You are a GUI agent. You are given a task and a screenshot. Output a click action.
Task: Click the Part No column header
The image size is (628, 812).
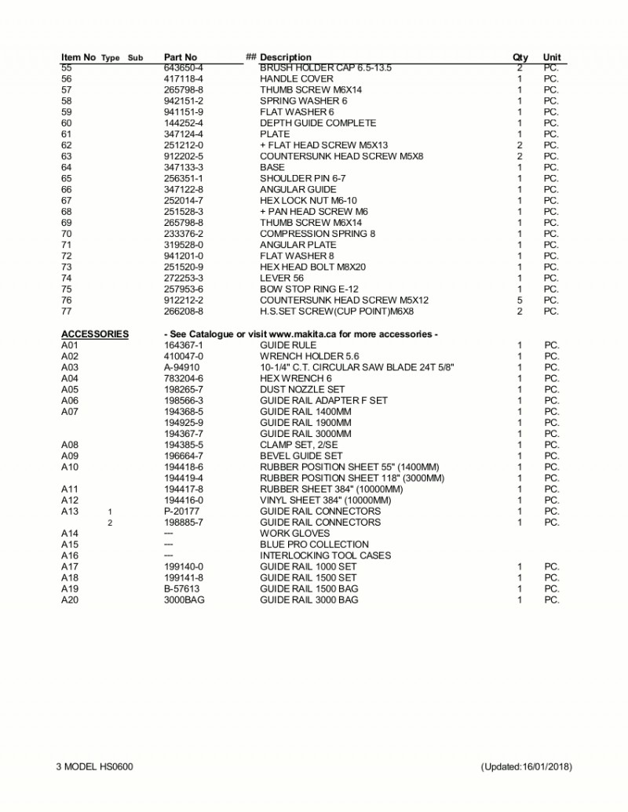tap(181, 57)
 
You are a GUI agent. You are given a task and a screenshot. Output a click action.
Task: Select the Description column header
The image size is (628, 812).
tap(285, 57)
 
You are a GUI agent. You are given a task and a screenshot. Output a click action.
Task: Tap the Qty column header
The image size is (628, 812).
tap(520, 57)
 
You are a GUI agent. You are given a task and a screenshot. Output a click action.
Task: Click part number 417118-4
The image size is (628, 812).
tap(184, 79)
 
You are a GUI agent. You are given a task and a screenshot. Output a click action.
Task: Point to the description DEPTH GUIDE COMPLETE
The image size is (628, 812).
tap(318, 123)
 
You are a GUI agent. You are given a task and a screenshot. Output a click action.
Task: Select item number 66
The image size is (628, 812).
tap(67, 190)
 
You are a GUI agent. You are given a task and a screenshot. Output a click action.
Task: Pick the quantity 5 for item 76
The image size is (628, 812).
tap(520, 300)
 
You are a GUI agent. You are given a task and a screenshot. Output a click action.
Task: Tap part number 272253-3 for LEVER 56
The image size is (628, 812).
tap(184, 279)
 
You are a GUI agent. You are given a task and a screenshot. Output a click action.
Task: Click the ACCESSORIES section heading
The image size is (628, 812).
tap(95, 334)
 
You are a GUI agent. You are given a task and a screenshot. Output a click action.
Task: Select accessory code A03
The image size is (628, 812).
tap(70, 367)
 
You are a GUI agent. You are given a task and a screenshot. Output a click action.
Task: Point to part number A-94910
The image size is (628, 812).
tap(181, 367)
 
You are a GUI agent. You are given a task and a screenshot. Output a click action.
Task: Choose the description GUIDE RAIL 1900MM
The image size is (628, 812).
tap(305, 423)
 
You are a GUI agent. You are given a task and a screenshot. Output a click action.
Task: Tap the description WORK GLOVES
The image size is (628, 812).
tap(294, 533)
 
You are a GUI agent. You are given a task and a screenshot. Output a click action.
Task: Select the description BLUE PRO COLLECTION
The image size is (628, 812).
tap(314, 544)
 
